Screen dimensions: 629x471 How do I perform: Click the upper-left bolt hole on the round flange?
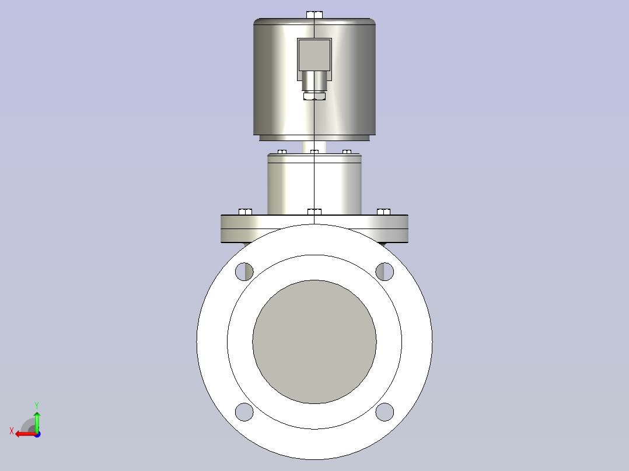point(244,272)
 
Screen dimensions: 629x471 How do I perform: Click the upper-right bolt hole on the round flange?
point(385,272)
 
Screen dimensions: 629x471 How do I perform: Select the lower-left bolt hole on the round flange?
point(244,412)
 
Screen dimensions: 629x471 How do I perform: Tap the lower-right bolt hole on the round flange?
point(385,412)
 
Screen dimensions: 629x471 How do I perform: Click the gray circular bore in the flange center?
point(314,342)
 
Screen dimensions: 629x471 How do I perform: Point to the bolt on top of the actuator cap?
point(314,15)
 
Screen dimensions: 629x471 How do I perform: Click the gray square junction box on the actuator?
point(314,55)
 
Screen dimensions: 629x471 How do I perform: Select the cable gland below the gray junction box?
point(314,82)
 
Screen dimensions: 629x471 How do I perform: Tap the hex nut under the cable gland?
point(314,96)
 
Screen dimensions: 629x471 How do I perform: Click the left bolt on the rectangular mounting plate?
point(246,212)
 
